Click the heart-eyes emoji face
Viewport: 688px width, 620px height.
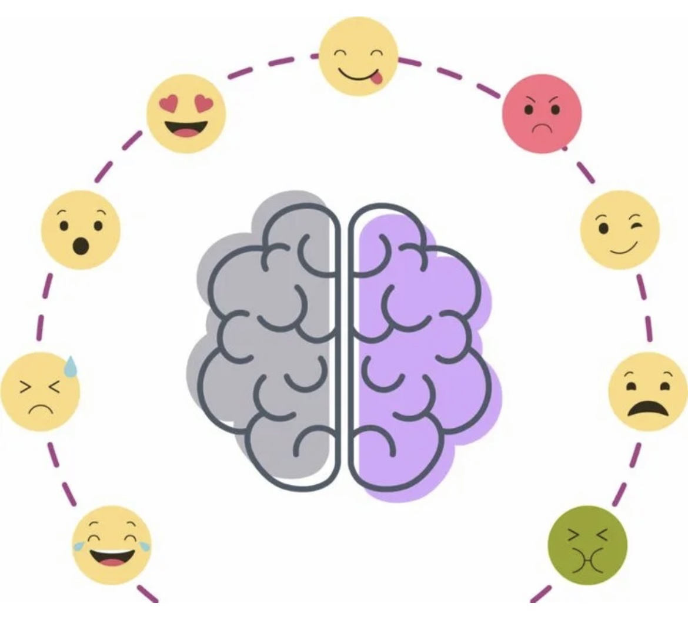coord(186,114)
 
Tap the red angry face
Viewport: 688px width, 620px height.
coord(542,114)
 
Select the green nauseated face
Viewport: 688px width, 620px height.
coord(587,545)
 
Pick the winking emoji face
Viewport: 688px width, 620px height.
coord(620,230)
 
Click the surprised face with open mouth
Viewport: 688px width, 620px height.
coord(81,230)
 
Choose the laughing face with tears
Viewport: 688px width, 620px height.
coord(112,545)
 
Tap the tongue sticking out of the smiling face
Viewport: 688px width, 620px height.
coord(382,77)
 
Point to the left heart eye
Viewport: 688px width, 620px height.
coord(169,105)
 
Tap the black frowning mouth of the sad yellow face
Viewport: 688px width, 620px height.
coord(647,407)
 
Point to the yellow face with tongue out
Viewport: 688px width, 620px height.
coord(358,56)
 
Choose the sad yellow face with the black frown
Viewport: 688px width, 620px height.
coord(647,391)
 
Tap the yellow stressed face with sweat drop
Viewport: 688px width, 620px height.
coord(40,391)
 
